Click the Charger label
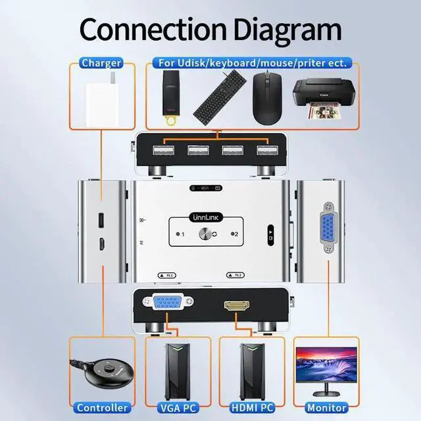pyautogui.click(x=101, y=63)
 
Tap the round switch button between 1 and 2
pyautogui.click(x=209, y=234)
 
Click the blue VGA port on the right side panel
pyautogui.click(x=327, y=232)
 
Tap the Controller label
pyautogui.click(x=101, y=408)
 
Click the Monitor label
pyautogui.click(x=326, y=408)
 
